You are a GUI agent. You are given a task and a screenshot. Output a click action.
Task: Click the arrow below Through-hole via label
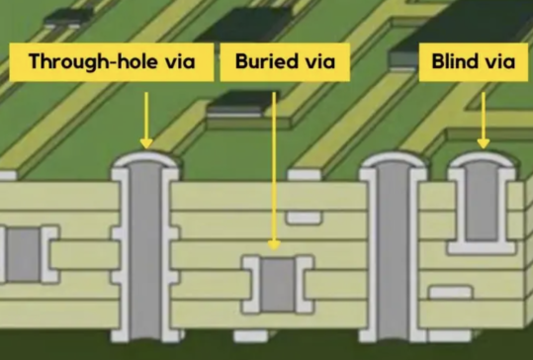(146, 119)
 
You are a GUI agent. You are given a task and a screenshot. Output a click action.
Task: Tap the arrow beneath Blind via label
(484, 117)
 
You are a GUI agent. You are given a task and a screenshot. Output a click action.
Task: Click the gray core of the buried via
(277, 286)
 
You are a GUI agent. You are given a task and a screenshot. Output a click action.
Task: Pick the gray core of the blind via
(482, 205)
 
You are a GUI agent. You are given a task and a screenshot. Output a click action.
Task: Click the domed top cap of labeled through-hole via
(145, 160)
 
